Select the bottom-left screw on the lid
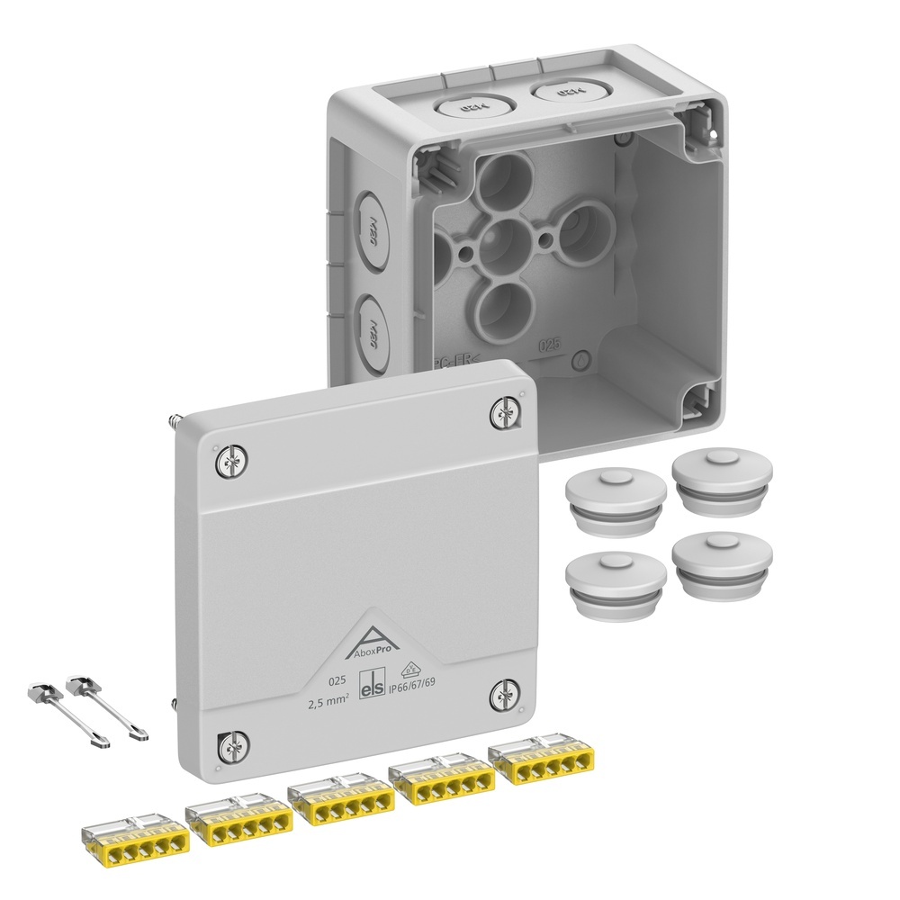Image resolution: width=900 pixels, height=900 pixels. (231, 745)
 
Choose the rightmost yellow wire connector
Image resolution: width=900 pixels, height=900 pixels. (538, 763)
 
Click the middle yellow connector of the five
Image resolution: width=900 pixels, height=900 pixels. (340, 802)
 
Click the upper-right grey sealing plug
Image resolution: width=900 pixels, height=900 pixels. (722, 481)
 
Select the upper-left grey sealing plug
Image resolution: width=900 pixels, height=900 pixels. (616, 499)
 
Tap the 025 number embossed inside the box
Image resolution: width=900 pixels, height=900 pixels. (549, 345)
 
